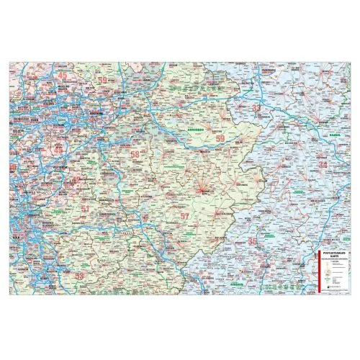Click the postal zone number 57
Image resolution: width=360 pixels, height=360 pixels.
click(184, 216)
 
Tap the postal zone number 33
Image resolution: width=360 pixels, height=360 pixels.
click(256, 107)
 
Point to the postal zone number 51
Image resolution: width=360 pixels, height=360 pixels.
click(86, 209)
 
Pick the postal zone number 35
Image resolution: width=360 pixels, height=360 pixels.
click(251, 240)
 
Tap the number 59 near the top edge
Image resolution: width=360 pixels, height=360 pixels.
click(103, 80)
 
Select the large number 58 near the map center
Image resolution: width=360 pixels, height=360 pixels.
click(134, 153)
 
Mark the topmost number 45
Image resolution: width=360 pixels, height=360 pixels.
click(63, 75)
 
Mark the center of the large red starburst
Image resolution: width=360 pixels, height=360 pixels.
click(204, 175)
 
